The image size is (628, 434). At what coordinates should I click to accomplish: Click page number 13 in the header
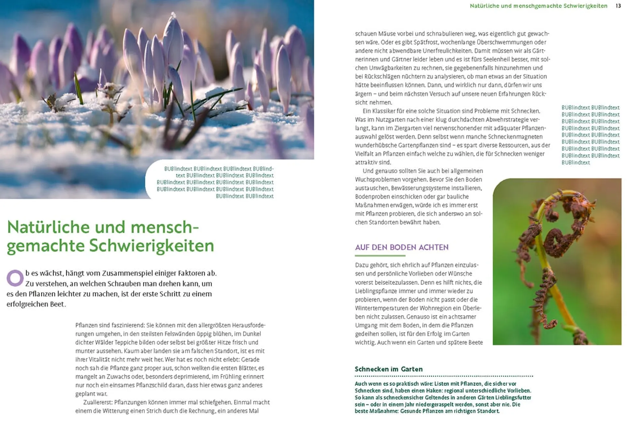point(618,6)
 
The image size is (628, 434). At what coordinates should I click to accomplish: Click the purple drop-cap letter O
point(15,278)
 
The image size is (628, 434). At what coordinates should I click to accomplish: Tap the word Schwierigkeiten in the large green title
point(151,246)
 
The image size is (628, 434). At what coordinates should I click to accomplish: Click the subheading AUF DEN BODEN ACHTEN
point(402,247)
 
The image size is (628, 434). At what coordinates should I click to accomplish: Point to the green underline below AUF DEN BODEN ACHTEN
point(380,256)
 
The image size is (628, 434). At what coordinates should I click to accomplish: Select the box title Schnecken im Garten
point(388,369)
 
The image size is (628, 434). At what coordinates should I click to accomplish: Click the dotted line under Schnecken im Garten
point(443,376)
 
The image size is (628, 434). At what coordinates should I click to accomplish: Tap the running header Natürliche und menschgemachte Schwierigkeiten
point(538,6)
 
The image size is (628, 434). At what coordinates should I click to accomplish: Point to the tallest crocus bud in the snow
point(174,39)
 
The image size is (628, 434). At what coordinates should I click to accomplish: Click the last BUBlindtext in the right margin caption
point(576,162)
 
